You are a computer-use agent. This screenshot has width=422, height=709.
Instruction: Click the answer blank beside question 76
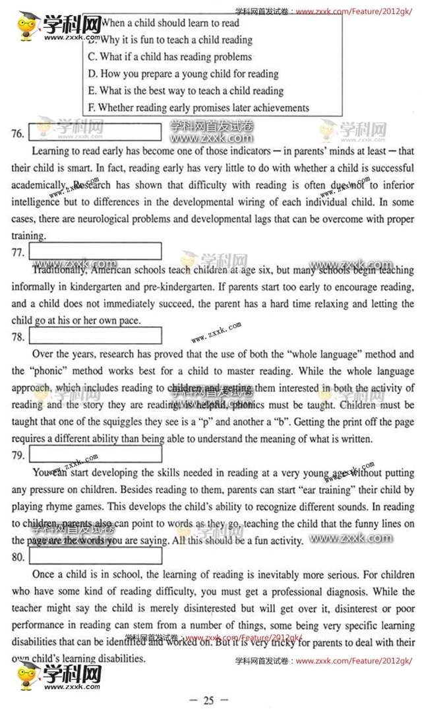[95, 132]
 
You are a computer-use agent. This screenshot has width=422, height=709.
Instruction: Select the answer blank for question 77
[95, 251]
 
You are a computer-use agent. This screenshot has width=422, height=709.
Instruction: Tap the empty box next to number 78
[95, 336]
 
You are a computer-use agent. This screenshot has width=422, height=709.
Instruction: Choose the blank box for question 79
[95, 454]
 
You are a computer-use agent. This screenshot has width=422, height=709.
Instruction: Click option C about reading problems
[169, 57]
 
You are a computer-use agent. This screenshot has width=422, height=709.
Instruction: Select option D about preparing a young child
[183, 74]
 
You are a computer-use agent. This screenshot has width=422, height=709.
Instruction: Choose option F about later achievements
[198, 107]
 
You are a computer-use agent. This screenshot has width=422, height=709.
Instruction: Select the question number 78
[18, 337]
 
